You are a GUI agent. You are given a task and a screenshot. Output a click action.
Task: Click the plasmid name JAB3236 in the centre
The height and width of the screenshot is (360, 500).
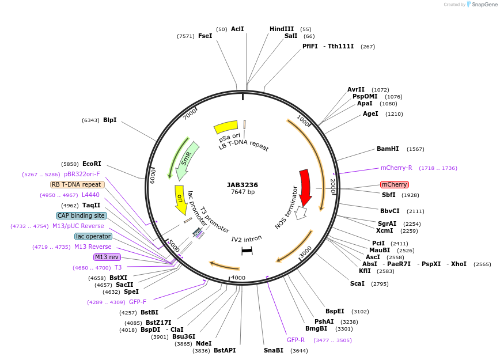pyautogui.click(x=242, y=185)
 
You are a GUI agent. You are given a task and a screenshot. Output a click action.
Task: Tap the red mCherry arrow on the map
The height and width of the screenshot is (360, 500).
pyautogui.click(x=305, y=185)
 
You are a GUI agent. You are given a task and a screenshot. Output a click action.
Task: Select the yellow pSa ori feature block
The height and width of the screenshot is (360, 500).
pyautogui.click(x=225, y=126)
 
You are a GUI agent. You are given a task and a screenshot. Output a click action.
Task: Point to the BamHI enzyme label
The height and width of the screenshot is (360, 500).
pyautogui.click(x=388, y=149)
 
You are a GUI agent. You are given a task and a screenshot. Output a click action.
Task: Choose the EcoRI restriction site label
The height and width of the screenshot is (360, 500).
pyautogui.click(x=92, y=164)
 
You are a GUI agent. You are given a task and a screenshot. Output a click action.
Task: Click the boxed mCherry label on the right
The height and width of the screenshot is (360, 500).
pyautogui.click(x=395, y=184)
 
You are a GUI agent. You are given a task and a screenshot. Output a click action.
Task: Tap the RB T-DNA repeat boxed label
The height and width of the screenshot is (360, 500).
pyautogui.click(x=78, y=184)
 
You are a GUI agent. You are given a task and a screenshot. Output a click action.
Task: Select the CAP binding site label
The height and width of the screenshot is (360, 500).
pyautogui.click(x=81, y=215)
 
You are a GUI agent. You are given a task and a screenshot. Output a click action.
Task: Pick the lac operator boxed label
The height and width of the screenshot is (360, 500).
pyautogui.click(x=93, y=236)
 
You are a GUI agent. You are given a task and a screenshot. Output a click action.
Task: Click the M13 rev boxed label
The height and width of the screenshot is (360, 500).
pyautogui.click(x=107, y=257)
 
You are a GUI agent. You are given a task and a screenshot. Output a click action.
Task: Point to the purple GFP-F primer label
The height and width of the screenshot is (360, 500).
pyautogui.click(x=138, y=302)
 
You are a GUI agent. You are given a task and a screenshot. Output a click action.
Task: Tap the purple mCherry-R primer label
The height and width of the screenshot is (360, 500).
pyautogui.click(x=396, y=168)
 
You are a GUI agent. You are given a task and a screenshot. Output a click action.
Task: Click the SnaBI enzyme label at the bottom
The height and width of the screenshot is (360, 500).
pyautogui.click(x=274, y=350)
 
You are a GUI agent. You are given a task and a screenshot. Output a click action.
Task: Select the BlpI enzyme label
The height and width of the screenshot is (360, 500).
pyautogui.click(x=109, y=120)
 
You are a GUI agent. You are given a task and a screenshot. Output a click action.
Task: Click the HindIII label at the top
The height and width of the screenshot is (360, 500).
pyautogui.click(x=282, y=29)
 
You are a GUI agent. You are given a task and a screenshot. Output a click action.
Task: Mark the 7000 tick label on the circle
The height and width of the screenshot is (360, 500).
pyautogui.click(x=190, y=115)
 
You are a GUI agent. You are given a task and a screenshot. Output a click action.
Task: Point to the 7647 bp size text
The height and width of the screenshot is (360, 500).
pyautogui.click(x=242, y=192)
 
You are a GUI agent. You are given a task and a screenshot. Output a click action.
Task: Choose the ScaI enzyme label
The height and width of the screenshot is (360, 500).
pyautogui.click(x=357, y=283)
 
